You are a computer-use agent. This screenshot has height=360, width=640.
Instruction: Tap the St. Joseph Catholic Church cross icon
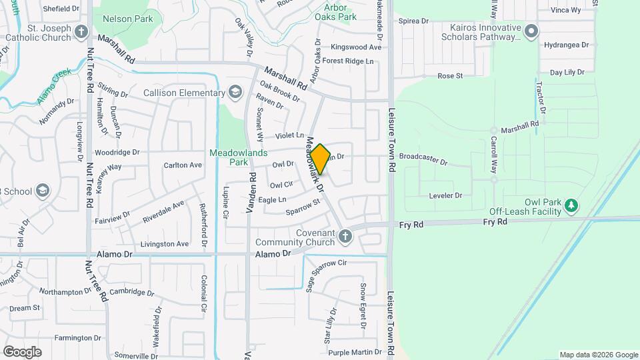(81, 31)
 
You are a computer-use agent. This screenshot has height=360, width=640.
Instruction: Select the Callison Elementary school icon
(235, 91)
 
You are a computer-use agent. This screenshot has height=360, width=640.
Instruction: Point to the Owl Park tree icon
(571, 205)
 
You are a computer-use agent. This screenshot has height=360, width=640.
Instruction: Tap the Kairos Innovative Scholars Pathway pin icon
(531, 31)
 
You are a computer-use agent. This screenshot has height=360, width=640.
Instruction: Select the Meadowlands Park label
(229, 157)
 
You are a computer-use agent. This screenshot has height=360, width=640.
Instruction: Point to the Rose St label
(450, 76)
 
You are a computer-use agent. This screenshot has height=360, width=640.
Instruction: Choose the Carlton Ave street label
(183, 165)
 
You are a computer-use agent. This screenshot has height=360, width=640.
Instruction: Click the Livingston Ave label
(165, 244)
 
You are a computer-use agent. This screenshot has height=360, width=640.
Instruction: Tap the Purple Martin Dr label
(354, 351)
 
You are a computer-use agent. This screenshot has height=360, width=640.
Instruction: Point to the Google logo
(22, 351)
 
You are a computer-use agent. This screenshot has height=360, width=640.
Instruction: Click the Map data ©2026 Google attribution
(598, 355)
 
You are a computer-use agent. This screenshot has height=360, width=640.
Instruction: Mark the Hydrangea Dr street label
(567, 45)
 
